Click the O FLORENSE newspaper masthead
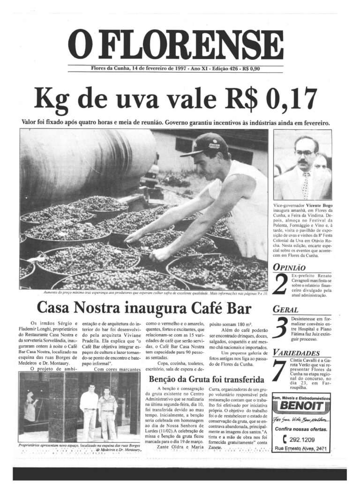point(176,45)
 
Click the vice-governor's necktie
point(306,185)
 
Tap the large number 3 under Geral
point(280,327)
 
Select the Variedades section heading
point(296,352)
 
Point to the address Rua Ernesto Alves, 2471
point(301,449)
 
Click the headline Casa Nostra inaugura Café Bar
point(144,308)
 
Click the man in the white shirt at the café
point(89,410)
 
